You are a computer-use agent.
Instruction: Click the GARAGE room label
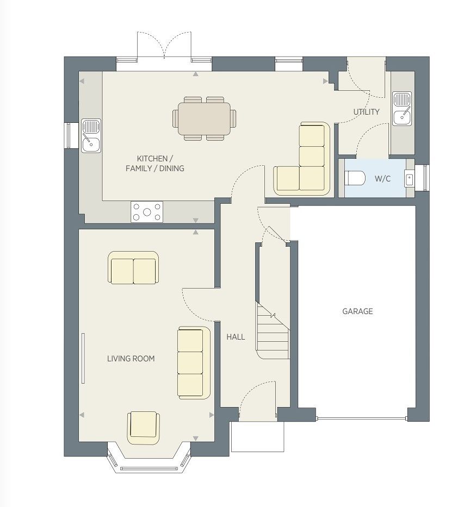tap(357, 311)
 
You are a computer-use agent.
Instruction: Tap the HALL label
tap(236, 337)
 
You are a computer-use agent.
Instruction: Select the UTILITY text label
tap(366, 112)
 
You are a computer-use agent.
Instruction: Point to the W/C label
tap(382, 178)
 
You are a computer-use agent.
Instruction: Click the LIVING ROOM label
tap(131, 358)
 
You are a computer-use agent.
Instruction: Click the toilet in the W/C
tap(355, 178)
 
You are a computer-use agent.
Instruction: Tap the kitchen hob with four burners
tap(147, 212)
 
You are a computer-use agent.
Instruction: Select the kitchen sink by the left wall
tap(91, 136)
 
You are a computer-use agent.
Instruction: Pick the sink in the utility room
tap(402, 109)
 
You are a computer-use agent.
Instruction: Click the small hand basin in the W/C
tap(409, 178)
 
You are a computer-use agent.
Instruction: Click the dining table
tap(204, 118)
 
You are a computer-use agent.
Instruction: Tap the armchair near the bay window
tap(144, 428)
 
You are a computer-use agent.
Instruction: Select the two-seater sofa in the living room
tap(133, 268)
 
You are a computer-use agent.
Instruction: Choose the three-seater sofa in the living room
tap(194, 362)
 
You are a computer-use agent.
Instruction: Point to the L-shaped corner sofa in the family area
tap(302, 159)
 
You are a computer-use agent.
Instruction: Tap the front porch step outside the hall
tap(258, 436)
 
